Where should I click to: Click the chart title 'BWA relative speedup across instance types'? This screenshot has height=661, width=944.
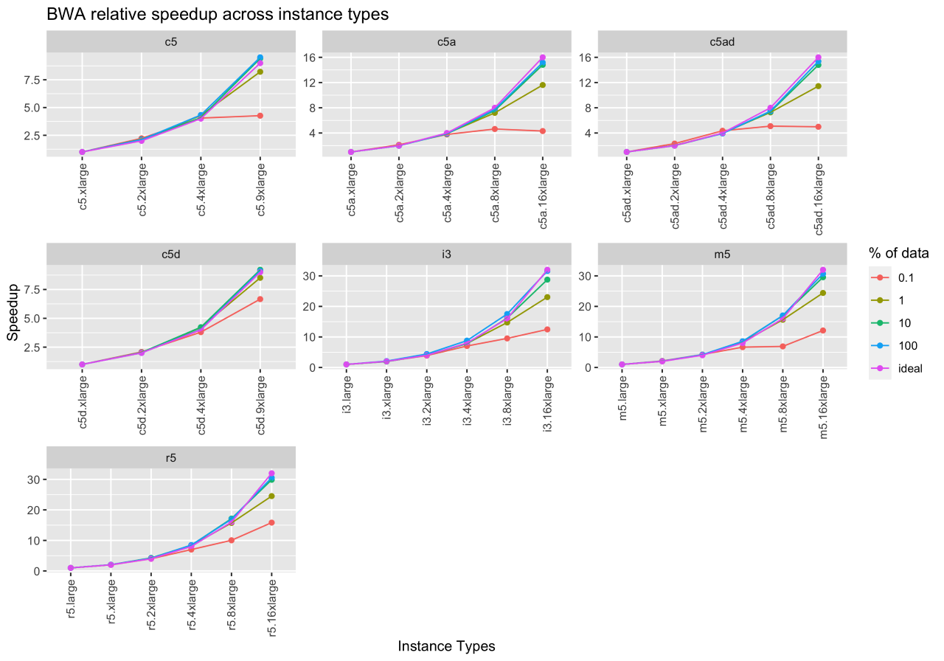217,14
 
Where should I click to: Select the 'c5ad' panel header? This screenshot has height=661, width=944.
722,42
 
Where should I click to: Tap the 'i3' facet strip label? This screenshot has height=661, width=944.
446,254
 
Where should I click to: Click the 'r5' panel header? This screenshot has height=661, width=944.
171,457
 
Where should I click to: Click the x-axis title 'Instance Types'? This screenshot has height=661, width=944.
446,646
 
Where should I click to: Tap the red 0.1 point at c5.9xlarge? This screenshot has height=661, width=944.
260,116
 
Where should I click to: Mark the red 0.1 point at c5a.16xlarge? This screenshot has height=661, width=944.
542,131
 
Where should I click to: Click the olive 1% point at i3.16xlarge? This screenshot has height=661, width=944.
546,297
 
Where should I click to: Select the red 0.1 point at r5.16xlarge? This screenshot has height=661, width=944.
271,523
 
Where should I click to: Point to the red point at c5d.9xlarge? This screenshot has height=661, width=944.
260,299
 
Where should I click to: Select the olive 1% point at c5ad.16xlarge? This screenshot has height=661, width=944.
818,86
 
